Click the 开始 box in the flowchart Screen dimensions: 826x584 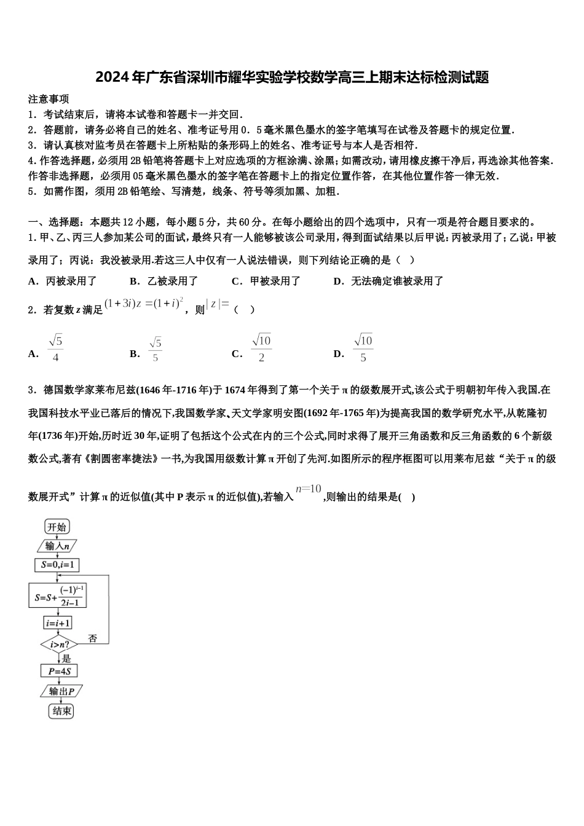click(57, 527)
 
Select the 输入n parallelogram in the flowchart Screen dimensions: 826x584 click(57, 546)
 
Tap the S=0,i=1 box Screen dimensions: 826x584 click(57, 565)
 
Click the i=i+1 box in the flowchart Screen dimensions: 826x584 click(58, 623)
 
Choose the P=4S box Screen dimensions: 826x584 click(59, 671)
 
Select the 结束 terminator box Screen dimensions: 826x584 click(61, 711)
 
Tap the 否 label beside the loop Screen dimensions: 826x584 click(92, 639)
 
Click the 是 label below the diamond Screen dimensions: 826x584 click(66, 658)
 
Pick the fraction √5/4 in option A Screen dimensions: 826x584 click(55, 348)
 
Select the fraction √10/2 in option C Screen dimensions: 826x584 click(261, 348)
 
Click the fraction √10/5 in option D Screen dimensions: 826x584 click(363, 348)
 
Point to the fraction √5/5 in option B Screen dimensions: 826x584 click(155, 349)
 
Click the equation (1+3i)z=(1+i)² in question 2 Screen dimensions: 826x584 click(144, 303)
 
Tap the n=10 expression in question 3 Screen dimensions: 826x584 click(309, 489)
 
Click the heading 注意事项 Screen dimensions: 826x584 click(49, 99)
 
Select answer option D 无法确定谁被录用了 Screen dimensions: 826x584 click(389, 281)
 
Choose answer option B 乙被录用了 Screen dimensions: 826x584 click(164, 281)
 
